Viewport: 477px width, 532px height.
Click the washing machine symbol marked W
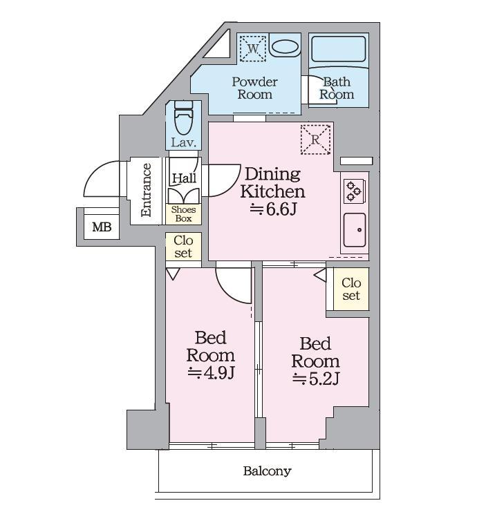point(252,48)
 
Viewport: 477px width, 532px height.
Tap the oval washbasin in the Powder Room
point(286,47)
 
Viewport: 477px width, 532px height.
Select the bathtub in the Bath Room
point(338,50)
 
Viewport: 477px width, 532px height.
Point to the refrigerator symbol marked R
point(315,140)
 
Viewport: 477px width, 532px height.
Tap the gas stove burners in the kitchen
point(353,191)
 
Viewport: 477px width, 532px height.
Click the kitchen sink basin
point(355,230)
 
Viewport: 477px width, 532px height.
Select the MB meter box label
point(102,227)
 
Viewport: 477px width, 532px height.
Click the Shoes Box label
point(183,214)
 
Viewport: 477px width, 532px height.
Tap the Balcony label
point(267,471)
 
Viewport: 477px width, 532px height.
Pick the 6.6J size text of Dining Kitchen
point(273,209)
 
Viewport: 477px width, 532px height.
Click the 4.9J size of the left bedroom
point(211,373)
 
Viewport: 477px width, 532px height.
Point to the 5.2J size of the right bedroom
point(316,379)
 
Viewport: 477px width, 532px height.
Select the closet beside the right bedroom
point(351,289)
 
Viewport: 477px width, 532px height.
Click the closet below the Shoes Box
point(183,247)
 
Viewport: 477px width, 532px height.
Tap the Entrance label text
point(146,190)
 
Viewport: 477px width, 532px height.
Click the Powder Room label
point(254,88)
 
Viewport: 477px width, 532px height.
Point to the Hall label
point(184,178)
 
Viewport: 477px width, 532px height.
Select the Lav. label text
point(184,142)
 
